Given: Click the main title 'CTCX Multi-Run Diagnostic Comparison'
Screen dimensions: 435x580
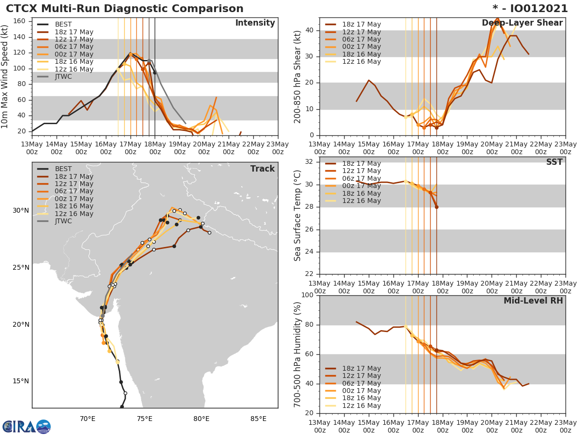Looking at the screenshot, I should click(x=125, y=9).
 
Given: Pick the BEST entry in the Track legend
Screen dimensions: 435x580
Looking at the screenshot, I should click(x=63, y=169).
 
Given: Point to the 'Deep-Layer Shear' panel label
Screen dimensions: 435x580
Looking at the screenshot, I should click(x=522, y=23).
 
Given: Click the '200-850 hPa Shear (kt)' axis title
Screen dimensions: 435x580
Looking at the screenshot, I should click(x=298, y=76).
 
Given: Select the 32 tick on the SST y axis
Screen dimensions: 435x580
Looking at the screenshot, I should click(x=310, y=162).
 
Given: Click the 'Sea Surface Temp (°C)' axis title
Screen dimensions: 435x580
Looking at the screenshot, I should click(x=298, y=216).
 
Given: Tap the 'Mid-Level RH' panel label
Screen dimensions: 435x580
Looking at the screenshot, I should click(x=533, y=301).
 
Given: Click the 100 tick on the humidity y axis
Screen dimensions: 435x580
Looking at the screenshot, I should click(x=306, y=295).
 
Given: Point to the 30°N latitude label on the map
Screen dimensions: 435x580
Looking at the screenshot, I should click(x=20, y=210).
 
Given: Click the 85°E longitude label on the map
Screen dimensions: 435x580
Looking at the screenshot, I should click(x=258, y=419).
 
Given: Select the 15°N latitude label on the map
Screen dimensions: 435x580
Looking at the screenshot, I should click(x=20, y=381).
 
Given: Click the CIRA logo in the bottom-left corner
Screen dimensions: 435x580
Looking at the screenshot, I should click(x=26, y=427).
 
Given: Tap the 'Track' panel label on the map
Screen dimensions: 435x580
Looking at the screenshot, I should click(x=262, y=169).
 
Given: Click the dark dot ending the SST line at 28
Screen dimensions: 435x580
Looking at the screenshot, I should click(x=436, y=207).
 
